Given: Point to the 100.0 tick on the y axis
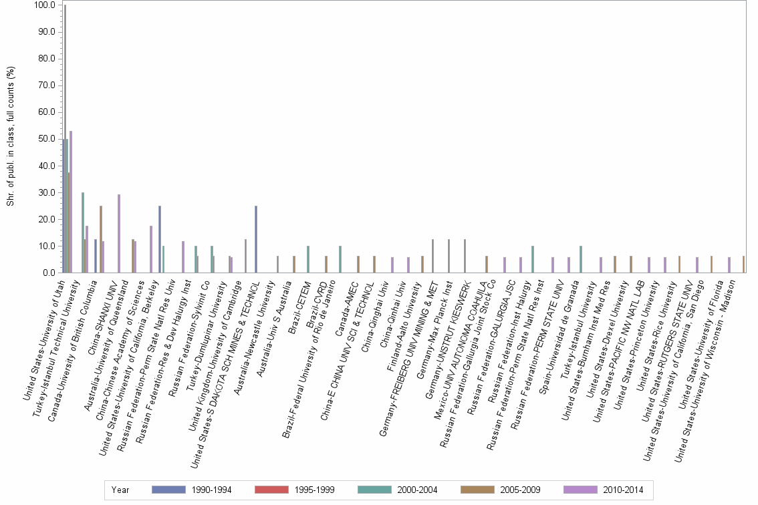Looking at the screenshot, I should point(44,5).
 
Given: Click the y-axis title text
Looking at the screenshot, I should point(11,137).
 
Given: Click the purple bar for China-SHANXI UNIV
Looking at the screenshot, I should point(119,234).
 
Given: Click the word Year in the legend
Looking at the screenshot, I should point(121,490).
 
